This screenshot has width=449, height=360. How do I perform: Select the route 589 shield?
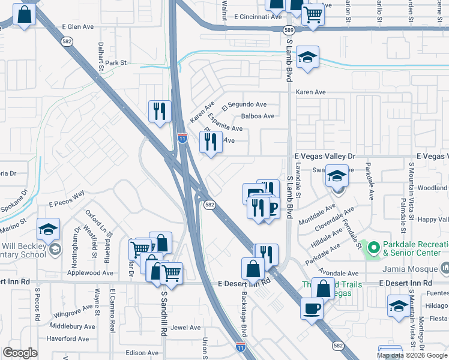click(x=289, y=30)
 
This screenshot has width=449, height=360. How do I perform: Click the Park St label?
click(x=116, y=62)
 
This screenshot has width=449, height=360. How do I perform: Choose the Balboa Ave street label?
click(x=258, y=116)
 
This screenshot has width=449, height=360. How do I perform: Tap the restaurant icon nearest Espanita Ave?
click(x=211, y=142)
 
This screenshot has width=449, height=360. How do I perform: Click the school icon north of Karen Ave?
click(x=307, y=57)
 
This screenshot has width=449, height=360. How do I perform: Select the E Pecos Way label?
click(x=67, y=204)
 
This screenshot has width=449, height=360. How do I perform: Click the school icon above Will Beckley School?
click(x=48, y=229)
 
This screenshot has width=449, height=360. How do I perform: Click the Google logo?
click(x=20, y=353)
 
